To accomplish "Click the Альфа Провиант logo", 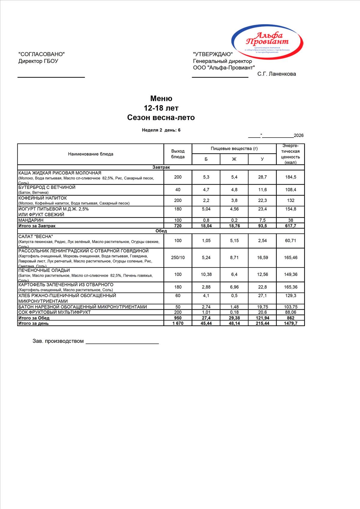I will click(267, 41).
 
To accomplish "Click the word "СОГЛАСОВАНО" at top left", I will click(42, 54).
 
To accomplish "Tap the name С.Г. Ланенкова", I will click(276, 74).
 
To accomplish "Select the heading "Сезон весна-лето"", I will click(161, 118).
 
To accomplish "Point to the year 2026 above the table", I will click(298, 135).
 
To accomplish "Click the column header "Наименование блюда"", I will click(91, 154).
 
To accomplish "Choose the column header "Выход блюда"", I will click(178, 154).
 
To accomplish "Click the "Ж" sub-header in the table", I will click(234, 159).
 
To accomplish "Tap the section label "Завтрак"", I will click(161, 167).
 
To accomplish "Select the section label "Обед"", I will click(161, 231).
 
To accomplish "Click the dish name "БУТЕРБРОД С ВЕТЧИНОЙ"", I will click(47, 187).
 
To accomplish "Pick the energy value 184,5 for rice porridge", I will click(290, 177).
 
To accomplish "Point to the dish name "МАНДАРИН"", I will click(31, 220).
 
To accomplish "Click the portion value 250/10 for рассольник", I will click(178, 257).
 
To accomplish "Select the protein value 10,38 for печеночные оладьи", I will click(206, 275).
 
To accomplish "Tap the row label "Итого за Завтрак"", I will click(37, 226).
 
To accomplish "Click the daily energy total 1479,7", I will click(290, 323).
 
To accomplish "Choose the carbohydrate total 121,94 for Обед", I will click(262, 318).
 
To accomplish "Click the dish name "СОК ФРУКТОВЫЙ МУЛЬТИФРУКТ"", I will click(54, 312).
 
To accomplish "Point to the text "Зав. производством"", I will click(58, 341).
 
